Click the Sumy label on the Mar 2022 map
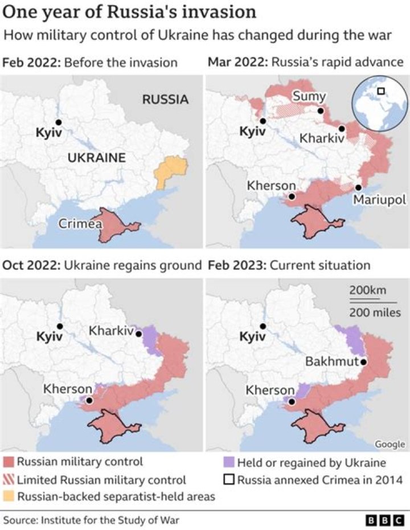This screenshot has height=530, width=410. pyautogui.click(x=309, y=97)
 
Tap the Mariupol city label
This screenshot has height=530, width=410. pyautogui.click(x=380, y=200)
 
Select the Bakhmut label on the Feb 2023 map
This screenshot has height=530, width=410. pyautogui.click(x=331, y=361)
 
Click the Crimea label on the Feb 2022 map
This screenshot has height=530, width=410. pyautogui.click(x=80, y=224)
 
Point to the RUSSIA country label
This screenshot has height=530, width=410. pyautogui.click(x=165, y=100)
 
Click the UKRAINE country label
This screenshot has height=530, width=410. pyautogui.click(x=96, y=158)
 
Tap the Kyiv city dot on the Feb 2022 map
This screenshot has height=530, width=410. pyautogui.click(x=58, y=122)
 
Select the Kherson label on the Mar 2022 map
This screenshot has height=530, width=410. pyautogui.click(x=272, y=186)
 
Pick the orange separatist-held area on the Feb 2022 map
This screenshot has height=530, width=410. pyautogui.click(x=171, y=169)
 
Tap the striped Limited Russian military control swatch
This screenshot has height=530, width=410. pyautogui.click(x=9, y=479)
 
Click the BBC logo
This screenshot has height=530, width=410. pyautogui.click(x=386, y=520)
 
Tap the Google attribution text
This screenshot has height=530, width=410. pyautogui.click(x=389, y=444)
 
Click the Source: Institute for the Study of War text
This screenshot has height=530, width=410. pyautogui.click(x=94, y=520)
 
